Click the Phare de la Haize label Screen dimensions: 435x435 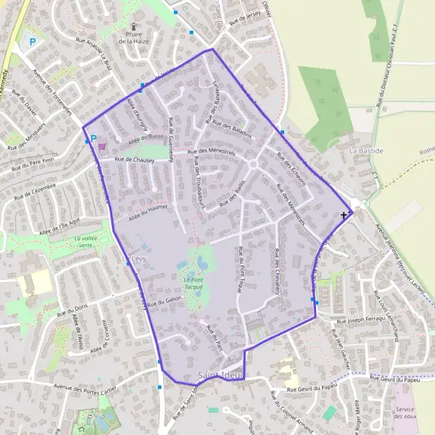(x=134, y=38)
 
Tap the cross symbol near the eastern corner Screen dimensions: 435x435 (x=344, y=215)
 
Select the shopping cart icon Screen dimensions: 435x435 (x=101, y=145)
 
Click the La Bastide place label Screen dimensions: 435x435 (x=365, y=150)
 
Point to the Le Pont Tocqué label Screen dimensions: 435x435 (x=194, y=283)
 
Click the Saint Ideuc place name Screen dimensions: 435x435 (x=220, y=375)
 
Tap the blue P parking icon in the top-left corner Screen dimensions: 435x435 (x=33, y=42)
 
